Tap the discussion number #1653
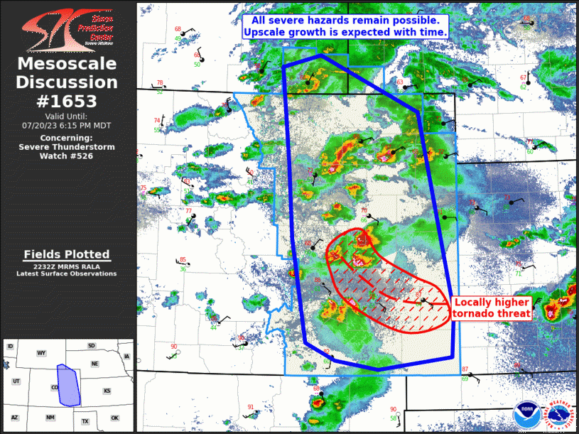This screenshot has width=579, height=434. click(67, 101)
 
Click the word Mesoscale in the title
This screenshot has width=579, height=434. click(67, 65)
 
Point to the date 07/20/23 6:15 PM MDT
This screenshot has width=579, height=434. click(67, 125)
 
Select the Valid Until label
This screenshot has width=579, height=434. click(67, 116)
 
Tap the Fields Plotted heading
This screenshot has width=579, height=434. click(67, 254)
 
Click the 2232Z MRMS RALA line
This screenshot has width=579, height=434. click(67, 266)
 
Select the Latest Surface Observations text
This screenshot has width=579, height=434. click(67, 273)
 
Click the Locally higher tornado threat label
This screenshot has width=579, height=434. click(492, 308)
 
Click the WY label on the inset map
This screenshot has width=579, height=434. click(41, 353)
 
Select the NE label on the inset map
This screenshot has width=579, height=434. click(94, 363)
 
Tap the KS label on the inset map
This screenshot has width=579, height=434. click(107, 391)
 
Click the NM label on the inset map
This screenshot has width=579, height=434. click(50, 418)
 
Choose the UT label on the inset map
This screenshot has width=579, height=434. click(16, 381)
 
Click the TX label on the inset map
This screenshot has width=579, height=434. click(85, 421)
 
